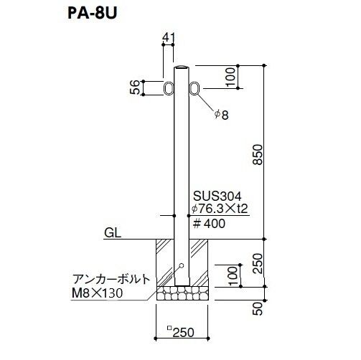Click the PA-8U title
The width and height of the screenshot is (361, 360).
tap(93, 14)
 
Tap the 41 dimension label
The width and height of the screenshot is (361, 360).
tap(169, 37)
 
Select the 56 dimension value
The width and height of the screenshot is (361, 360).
tap(135, 87)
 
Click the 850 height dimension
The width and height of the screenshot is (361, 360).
tap(258, 154)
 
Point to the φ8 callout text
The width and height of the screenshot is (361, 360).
tap(221, 115)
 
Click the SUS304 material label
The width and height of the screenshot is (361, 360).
tap(217, 196)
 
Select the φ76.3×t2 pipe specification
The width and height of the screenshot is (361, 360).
tap(220, 209)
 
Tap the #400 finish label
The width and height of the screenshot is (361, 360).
tap(209, 224)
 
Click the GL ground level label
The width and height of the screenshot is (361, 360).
tap(113, 233)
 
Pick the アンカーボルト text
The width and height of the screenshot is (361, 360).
tap(111, 279)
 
